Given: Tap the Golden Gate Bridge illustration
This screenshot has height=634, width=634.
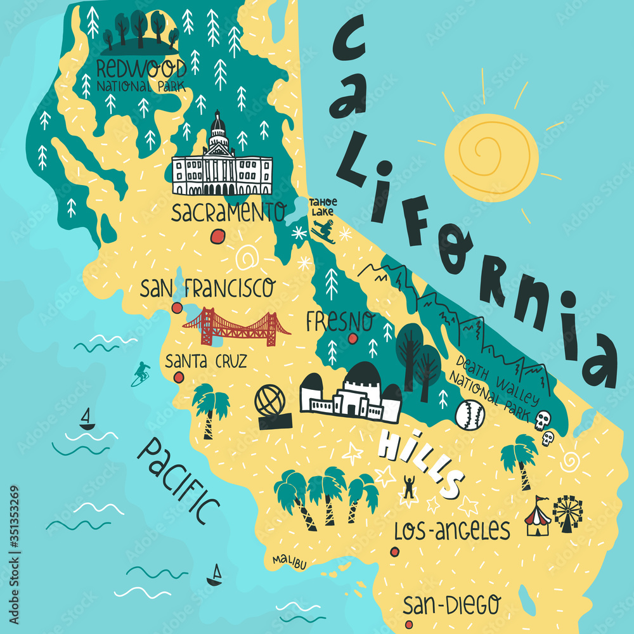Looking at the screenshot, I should (x=236, y=327).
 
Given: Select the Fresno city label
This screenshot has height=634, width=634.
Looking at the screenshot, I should (x=340, y=322).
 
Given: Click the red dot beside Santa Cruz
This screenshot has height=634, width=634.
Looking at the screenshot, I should (x=179, y=377).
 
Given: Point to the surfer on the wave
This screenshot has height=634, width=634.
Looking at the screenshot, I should (x=141, y=374).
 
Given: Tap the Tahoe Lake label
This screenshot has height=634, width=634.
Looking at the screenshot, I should (x=323, y=207).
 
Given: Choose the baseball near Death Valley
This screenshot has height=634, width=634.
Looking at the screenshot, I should (x=470, y=415).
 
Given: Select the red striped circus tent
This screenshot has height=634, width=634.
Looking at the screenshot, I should (x=538, y=517).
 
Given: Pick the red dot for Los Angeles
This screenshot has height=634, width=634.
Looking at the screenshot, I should (x=395, y=552).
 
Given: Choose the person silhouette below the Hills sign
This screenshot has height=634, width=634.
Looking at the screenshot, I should (x=409, y=487).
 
